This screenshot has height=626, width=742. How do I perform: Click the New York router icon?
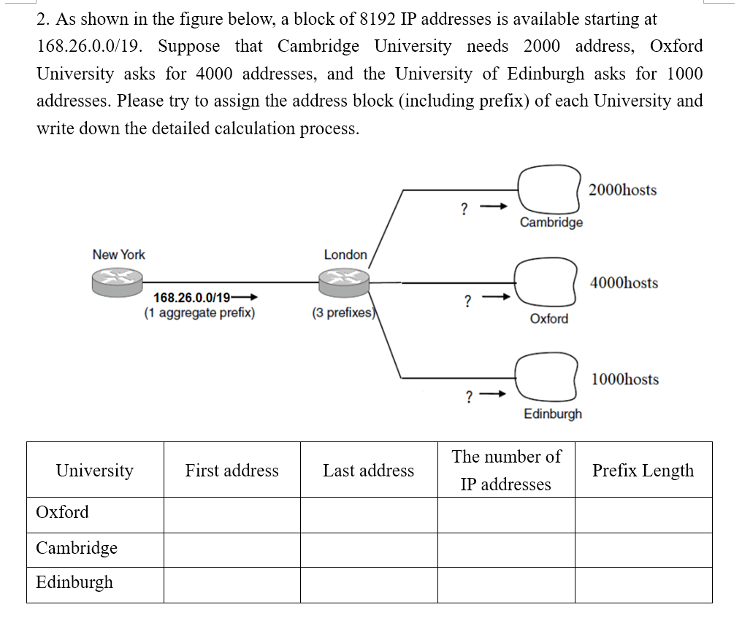click(117, 281)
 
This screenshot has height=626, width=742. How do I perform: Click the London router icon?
click(345, 281)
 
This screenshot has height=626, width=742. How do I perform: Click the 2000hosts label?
click(622, 190)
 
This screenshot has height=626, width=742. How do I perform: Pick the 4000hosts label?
click(624, 283)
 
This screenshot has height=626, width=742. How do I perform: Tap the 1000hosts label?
click(624, 379)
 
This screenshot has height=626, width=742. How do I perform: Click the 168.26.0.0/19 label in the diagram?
click(193, 298)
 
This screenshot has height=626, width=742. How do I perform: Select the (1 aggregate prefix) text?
click(199, 314)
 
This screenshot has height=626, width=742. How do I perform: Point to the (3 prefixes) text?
click(343, 314)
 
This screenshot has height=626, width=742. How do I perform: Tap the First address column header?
click(232, 471)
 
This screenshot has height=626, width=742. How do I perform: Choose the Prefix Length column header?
click(643, 471)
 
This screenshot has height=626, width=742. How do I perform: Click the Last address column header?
click(368, 471)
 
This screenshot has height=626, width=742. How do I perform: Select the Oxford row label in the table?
click(63, 512)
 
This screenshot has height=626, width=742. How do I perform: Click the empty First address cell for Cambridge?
click(232, 549)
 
